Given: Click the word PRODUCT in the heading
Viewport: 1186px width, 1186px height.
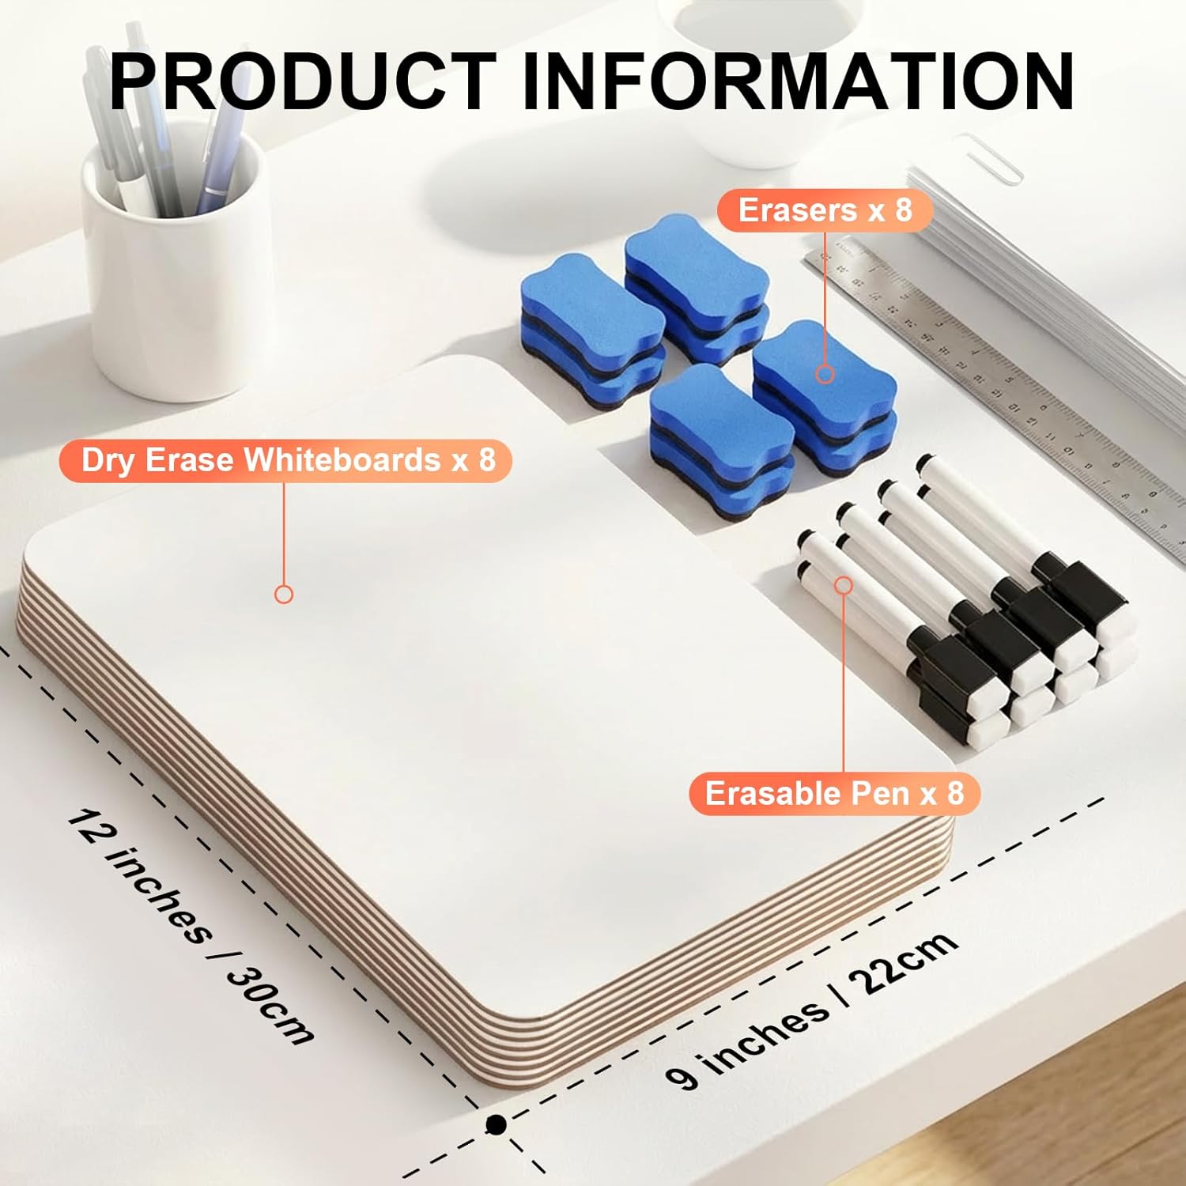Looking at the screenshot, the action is [x=303, y=81].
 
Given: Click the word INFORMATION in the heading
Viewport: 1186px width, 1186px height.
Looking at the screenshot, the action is [x=799, y=81].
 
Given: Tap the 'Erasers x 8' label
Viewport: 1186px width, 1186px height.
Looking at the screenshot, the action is [x=825, y=210].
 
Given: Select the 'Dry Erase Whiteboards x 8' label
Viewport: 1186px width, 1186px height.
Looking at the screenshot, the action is [x=286, y=460].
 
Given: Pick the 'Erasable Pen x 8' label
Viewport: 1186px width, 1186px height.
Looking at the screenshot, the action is [x=834, y=793].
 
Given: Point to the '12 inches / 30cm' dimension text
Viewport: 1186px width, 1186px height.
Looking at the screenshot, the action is [x=190, y=925].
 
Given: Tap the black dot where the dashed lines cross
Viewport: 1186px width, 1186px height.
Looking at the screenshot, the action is [x=496, y=1124].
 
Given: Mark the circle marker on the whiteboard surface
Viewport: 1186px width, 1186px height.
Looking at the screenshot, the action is [x=284, y=594].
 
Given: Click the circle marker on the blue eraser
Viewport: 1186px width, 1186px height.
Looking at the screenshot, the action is [x=825, y=374].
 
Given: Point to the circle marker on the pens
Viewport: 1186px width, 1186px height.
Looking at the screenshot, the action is [x=844, y=585].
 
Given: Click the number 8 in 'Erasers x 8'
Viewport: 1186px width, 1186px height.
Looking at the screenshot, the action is [x=904, y=210].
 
